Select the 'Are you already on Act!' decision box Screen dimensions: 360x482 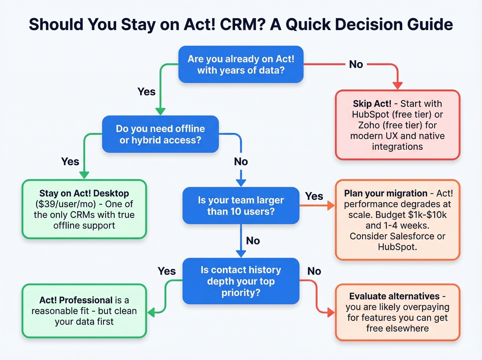tap(241, 64)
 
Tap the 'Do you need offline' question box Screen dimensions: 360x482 tap(160, 134)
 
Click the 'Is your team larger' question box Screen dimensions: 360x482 tap(241, 206)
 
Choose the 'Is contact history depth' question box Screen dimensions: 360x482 tap(241, 281)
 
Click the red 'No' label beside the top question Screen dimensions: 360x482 tap(356, 64)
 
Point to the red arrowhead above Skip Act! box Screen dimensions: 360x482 tap(397, 85)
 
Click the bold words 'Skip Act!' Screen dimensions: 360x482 tap(372, 104)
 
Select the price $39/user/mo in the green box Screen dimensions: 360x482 tap(65, 204)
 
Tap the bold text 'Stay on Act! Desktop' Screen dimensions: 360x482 tap(84, 193)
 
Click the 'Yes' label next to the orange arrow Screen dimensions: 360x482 tap(314, 196)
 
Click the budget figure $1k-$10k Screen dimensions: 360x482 tap(427, 215)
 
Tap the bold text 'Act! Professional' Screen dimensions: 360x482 tap(76, 300)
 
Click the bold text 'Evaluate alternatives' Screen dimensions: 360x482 tap(394, 296)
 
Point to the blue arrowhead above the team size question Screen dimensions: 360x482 tap(241, 183)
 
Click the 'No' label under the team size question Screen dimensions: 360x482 tap(253, 241)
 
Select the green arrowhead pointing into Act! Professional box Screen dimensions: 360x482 tap(152, 312)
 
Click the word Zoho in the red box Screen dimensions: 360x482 tap(369, 125)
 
